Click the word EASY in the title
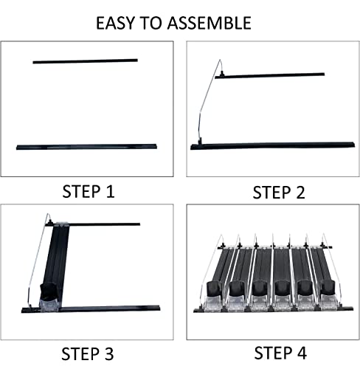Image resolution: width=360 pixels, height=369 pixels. tap(115, 23)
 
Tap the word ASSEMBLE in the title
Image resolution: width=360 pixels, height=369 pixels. tap(210, 23)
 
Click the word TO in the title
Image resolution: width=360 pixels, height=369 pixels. tap(151, 23)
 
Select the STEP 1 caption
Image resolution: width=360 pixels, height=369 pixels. tap(89, 191)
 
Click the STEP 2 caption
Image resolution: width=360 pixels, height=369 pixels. tap(279, 193)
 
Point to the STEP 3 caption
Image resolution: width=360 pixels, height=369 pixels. tap(88, 354)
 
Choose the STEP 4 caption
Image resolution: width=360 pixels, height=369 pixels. tap(280, 353)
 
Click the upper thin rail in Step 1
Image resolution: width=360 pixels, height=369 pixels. tap(86, 61)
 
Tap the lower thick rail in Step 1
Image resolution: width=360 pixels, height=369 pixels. tap(86, 147)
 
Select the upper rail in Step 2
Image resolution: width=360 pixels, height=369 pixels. tap(270, 76)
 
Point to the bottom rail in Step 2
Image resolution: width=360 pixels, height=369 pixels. tap(272, 145)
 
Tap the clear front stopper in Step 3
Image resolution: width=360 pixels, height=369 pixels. tap(49, 305)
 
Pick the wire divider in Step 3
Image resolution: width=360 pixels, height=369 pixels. tap(38, 261)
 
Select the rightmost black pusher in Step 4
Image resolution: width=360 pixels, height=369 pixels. tap(328, 287)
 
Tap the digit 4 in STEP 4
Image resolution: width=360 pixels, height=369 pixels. tap(300, 353)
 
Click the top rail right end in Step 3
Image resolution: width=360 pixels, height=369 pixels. tap(139, 224)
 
